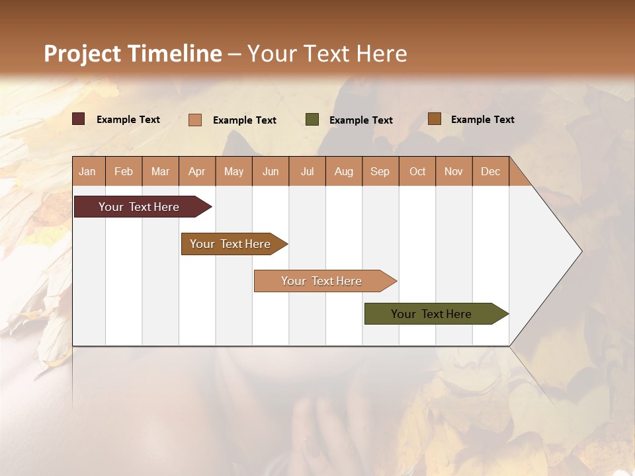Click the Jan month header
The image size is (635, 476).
coord(87,171)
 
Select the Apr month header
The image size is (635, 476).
coord(196,171)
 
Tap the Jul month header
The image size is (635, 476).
coord(307,171)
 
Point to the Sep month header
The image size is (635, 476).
coord(380,171)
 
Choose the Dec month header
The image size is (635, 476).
coord(490,171)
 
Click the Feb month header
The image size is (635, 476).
coord(124,171)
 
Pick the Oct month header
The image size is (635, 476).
coord(417,171)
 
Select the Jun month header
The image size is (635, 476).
coord(271,171)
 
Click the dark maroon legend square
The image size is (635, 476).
coord(79,119)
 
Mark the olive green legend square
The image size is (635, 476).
coord(312,119)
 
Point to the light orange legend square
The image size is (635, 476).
coord(195,120)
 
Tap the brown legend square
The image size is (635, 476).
coord(435,119)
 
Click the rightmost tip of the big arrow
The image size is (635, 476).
coord(581,251)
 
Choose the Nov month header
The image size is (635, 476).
coord(454,171)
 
